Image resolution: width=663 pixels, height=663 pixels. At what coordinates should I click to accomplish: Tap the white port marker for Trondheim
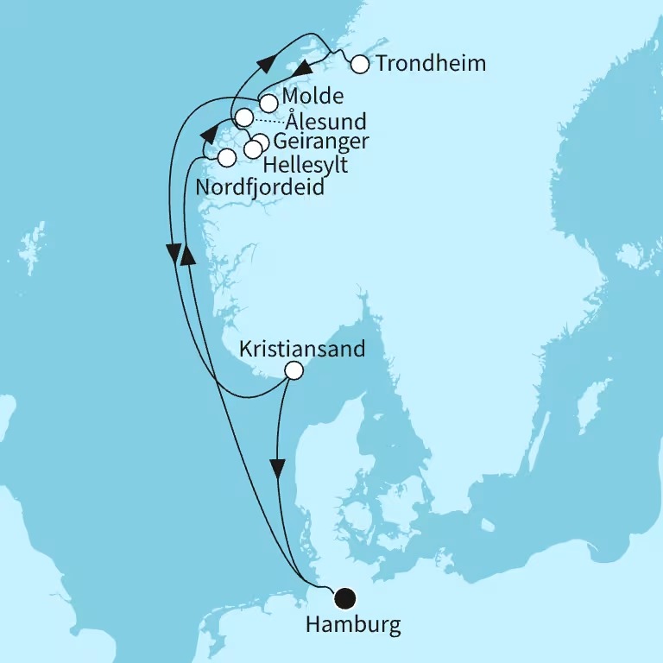[x=360, y=64]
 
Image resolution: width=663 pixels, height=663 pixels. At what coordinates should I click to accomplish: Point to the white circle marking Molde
[x=269, y=103]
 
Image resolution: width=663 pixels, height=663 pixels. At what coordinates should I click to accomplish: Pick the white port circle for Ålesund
[x=244, y=117]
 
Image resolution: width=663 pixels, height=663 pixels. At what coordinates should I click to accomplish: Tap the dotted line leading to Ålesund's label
[x=268, y=121]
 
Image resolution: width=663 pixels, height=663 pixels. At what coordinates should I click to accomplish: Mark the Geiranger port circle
[x=261, y=142]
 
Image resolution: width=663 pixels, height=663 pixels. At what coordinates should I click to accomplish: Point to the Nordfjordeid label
[x=261, y=186]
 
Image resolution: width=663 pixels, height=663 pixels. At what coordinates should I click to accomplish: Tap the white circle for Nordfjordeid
[x=226, y=158]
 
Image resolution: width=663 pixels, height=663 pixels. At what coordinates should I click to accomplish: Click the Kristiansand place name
[x=301, y=350]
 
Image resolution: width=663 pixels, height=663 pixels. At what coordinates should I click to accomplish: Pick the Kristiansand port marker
[x=294, y=371]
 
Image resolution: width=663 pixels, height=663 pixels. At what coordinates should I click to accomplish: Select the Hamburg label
[x=353, y=625]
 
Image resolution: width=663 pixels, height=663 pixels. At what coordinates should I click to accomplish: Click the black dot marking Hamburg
[x=345, y=597]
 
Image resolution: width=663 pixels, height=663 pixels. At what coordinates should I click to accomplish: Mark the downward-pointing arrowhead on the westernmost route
[x=174, y=252]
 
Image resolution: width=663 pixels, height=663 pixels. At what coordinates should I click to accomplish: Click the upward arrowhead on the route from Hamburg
[x=188, y=256]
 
